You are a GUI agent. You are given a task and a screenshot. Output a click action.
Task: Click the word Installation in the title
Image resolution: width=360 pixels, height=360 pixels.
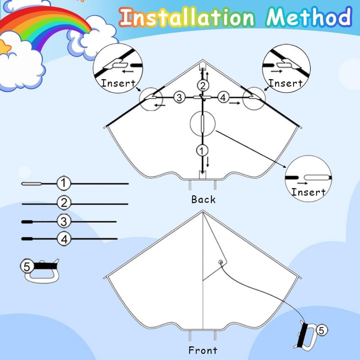[187, 18]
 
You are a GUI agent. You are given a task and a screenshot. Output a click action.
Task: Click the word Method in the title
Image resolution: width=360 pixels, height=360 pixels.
[309, 17]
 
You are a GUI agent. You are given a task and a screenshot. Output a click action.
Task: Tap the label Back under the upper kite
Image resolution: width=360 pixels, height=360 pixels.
[203, 199]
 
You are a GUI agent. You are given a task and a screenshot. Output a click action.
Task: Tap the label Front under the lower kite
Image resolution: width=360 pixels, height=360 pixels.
[203, 351]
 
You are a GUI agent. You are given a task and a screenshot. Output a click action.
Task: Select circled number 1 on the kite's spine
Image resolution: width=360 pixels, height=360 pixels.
[202, 151]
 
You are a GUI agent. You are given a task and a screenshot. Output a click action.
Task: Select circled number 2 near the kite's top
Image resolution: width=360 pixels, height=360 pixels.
[203, 85]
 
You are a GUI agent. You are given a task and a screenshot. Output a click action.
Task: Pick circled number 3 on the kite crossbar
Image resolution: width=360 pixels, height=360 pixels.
[179, 97]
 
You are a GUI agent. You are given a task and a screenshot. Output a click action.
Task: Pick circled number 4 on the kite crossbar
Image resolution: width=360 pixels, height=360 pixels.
[223, 97]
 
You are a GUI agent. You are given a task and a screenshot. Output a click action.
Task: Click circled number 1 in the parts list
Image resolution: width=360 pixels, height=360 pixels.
[63, 183]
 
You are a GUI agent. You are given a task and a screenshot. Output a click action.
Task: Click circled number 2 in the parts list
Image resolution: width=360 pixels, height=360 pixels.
[64, 203]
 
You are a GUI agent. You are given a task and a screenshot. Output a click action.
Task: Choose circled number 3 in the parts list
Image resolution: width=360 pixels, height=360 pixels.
[64, 221]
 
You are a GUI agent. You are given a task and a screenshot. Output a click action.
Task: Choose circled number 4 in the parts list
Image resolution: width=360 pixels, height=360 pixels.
[64, 239]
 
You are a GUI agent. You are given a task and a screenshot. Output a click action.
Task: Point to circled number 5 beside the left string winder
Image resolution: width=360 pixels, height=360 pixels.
[27, 266]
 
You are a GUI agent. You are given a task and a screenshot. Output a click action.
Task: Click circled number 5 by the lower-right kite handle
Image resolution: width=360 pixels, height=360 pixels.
[322, 331]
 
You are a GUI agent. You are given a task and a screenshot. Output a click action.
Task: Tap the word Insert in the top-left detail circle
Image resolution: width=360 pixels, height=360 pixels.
[118, 83]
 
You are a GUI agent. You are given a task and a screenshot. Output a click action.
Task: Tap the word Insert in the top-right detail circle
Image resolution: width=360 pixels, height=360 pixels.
[285, 83]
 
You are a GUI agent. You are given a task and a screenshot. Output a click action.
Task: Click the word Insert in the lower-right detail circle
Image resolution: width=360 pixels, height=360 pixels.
[308, 192]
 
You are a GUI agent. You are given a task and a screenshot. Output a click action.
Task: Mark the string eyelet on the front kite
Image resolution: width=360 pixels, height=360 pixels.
[220, 262]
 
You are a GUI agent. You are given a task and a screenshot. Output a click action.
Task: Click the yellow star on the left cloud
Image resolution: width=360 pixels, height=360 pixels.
[4, 47]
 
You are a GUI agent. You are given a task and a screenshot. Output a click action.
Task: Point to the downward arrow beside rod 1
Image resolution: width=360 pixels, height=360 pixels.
[208, 162]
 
